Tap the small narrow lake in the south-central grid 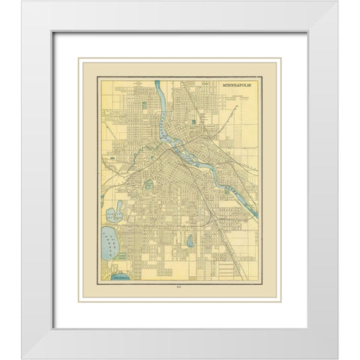pyautogui.click(x=190, y=242)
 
